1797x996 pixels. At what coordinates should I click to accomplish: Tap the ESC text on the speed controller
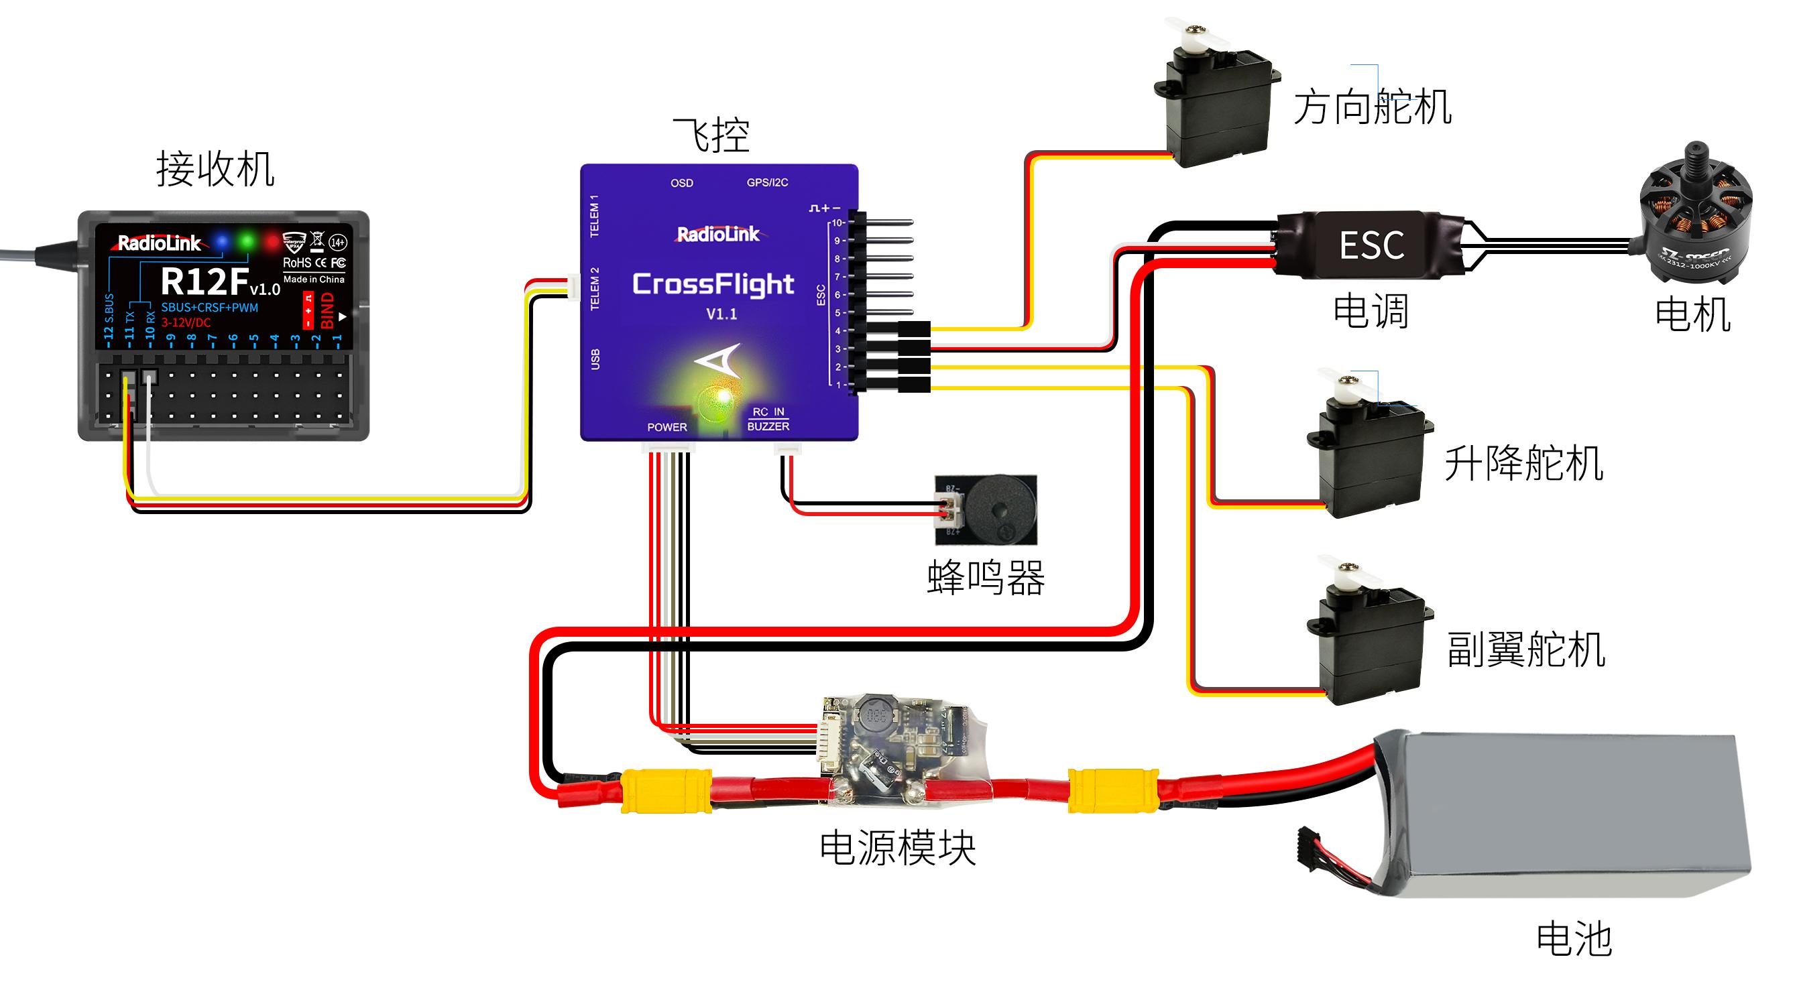[1371, 245]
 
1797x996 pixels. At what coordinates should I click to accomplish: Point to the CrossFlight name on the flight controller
[713, 285]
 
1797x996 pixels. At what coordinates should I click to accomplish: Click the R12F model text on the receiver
[206, 282]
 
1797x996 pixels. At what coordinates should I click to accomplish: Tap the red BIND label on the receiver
[327, 311]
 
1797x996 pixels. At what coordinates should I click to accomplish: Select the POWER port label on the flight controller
[667, 428]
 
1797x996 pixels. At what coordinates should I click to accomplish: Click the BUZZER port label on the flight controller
[768, 427]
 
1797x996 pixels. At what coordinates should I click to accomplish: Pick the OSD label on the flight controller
[681, 184]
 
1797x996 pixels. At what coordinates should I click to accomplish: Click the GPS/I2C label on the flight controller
[767, 183]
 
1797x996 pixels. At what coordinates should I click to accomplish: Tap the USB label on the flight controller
[595, 359]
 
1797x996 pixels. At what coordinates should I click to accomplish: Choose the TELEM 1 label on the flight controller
[595, 216]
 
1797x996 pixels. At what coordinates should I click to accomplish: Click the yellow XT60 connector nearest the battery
[1113, 791]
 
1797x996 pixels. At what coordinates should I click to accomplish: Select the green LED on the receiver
[246, 241]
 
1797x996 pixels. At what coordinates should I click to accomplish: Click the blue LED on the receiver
[222, 241]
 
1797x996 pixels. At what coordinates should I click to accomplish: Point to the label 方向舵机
[1373, 107]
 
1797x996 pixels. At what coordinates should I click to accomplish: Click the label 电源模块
[898, 848]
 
